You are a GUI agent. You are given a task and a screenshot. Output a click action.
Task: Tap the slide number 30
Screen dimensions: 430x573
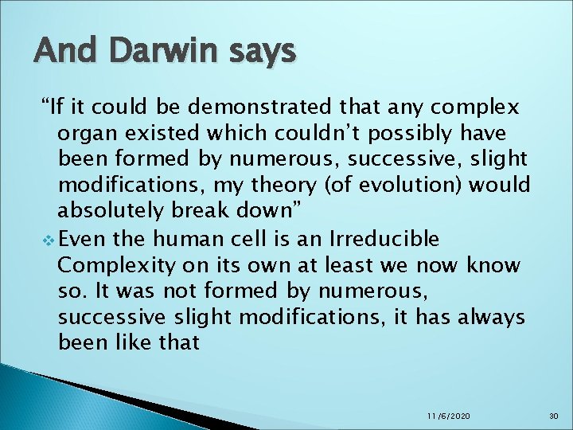pyautogui.click(x=554, y=416)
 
